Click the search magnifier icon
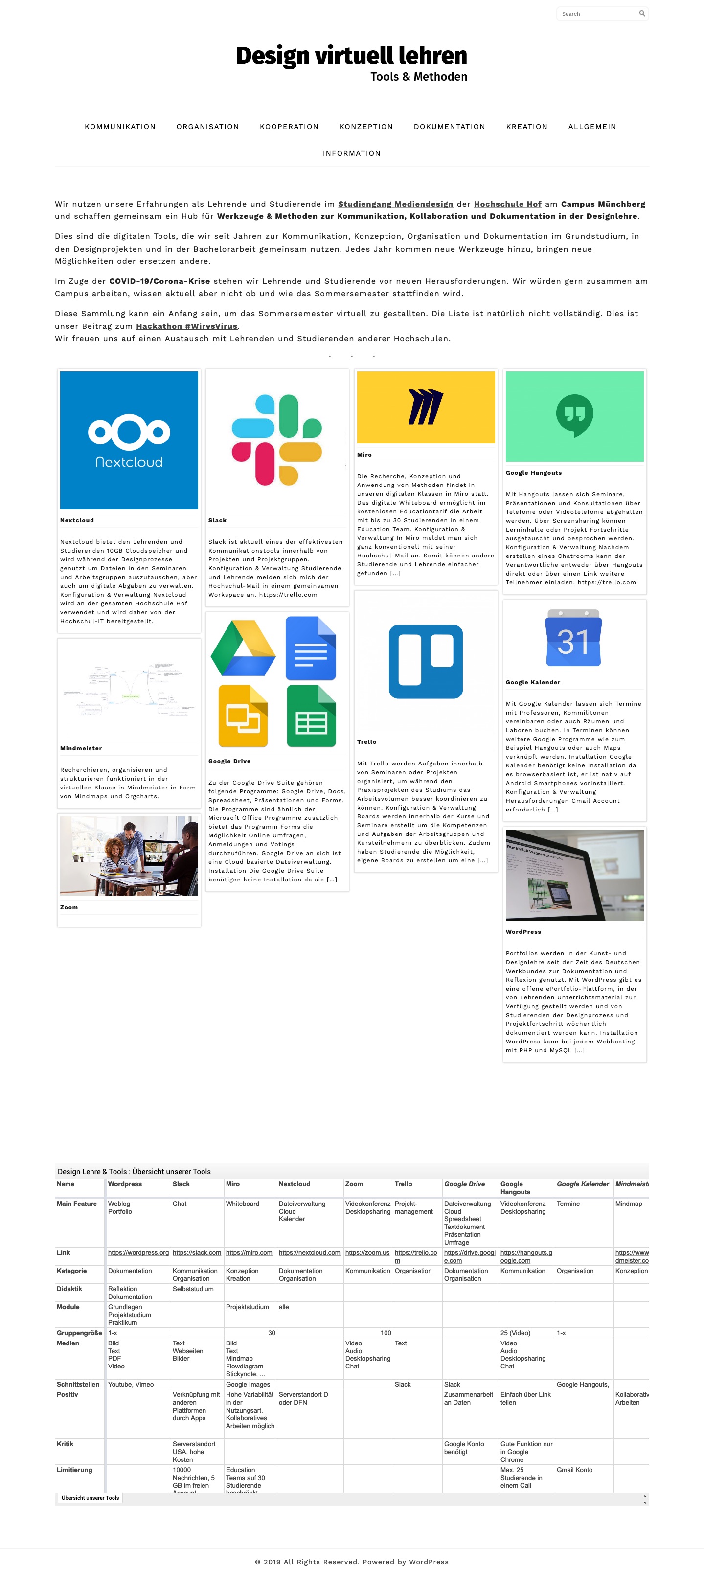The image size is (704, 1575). (642, 13)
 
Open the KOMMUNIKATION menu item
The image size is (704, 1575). (120, 127)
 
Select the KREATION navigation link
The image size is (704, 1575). (526, 127)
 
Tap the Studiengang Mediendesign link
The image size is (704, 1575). (395, 204)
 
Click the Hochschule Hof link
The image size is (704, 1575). (507, 204)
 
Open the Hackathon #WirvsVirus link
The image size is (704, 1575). (186, 326)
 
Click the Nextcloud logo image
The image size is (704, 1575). (129, 440)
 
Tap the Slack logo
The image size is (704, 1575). (277, 440)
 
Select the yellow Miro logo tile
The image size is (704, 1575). (425, 407)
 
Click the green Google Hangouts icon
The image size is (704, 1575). (574, 416)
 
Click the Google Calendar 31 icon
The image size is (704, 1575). (573, 638)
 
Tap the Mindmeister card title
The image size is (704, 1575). (81, 748)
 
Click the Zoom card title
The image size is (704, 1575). (69, 907)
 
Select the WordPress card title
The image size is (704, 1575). (523, 932)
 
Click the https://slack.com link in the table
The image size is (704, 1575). (197, 1253)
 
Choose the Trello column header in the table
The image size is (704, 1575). (403, 1184)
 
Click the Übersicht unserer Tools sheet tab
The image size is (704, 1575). (90, 1497)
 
